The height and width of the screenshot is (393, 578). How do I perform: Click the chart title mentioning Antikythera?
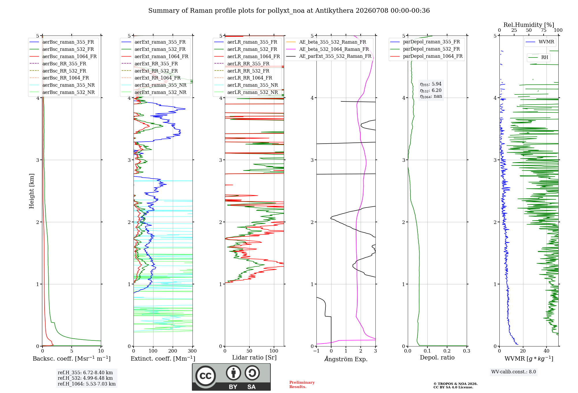pos(289,11)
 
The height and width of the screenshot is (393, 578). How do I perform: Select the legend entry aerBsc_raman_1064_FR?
pos(69,56)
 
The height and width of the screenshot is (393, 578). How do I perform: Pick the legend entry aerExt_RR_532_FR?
pos(156,71)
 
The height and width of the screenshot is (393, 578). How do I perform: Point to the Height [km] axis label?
pos(32,191)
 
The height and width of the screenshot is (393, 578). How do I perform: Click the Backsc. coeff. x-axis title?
pos(72,359)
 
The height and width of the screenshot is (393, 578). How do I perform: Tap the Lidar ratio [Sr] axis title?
pos(254,357)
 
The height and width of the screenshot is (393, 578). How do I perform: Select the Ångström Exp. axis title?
pos(346,359)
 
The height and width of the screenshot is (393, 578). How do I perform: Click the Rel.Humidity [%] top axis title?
pos(529,25)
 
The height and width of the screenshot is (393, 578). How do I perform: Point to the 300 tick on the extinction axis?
pos(192,351)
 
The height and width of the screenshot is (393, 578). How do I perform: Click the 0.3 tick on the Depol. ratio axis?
pos(467,351)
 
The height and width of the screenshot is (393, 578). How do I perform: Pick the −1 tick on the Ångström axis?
pos(316,351)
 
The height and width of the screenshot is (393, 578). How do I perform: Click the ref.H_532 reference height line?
pos(85,378)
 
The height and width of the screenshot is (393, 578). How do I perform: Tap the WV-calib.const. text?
pos(514,372)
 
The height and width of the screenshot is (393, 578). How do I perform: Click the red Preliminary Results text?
pos(302,385)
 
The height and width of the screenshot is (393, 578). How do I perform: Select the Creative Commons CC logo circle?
pos(205,376)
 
